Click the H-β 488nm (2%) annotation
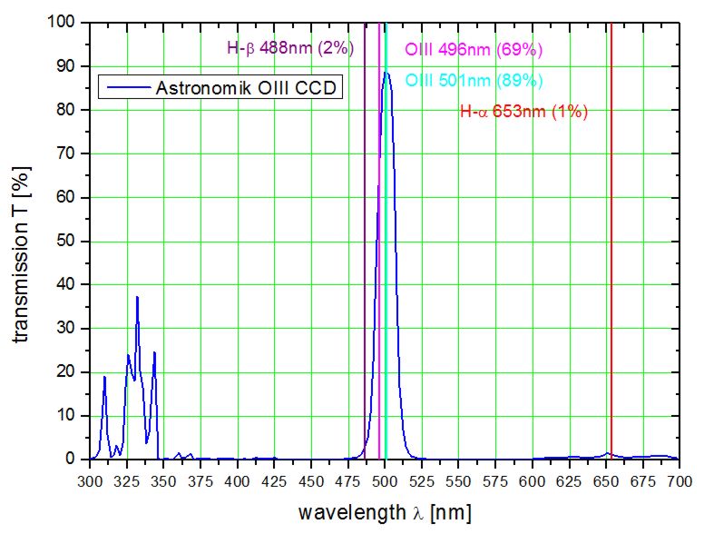click(289, 48)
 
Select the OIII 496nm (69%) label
click(474, 49)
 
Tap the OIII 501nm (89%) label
click(474, 80)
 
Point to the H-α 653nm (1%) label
click(524, 113)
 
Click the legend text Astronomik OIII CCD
click(247, 88)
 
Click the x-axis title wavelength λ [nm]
click(385, 512)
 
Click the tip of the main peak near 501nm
click(386, 73)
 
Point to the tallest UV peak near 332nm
click(137, 297)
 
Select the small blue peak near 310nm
click(104, 377)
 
